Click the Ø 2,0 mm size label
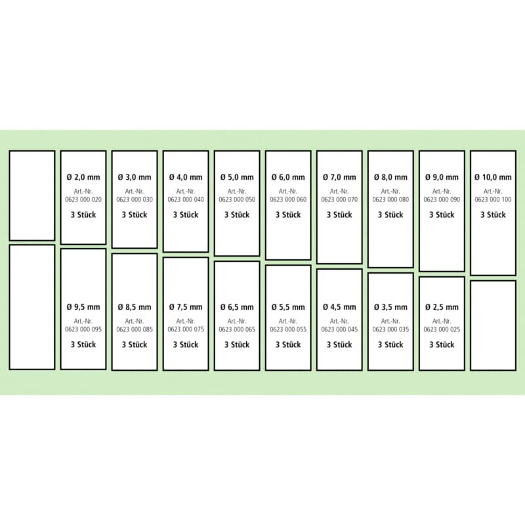pos(83,177)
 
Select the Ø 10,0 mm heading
pos(493,177)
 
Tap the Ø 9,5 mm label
pos(83,307)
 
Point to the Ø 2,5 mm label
pos(442,307)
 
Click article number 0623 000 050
pos(237,199)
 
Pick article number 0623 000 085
pos(135,329)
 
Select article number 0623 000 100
pos(493,199)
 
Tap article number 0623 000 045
pos(339,329)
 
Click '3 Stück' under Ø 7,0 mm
pos(339,215)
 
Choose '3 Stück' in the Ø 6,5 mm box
pos(237,345)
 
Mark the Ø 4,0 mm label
pos(186,177)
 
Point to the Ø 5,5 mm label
pos(288,307)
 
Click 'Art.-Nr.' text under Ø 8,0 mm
pos(390,192)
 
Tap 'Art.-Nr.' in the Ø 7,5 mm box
pos(186,322)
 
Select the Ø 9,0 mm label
pos(442,177)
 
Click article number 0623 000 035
pos(390,329)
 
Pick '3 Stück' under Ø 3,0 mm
pos(135,215)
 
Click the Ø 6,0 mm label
pos(288,177)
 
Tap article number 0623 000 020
pos(83,199)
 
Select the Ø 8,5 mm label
pos(135,307)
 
